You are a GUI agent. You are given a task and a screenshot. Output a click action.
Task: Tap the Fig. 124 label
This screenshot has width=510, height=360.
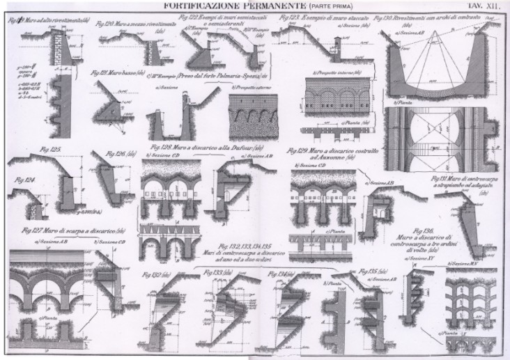24,180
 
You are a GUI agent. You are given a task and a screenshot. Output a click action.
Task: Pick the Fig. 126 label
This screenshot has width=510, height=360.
115,155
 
